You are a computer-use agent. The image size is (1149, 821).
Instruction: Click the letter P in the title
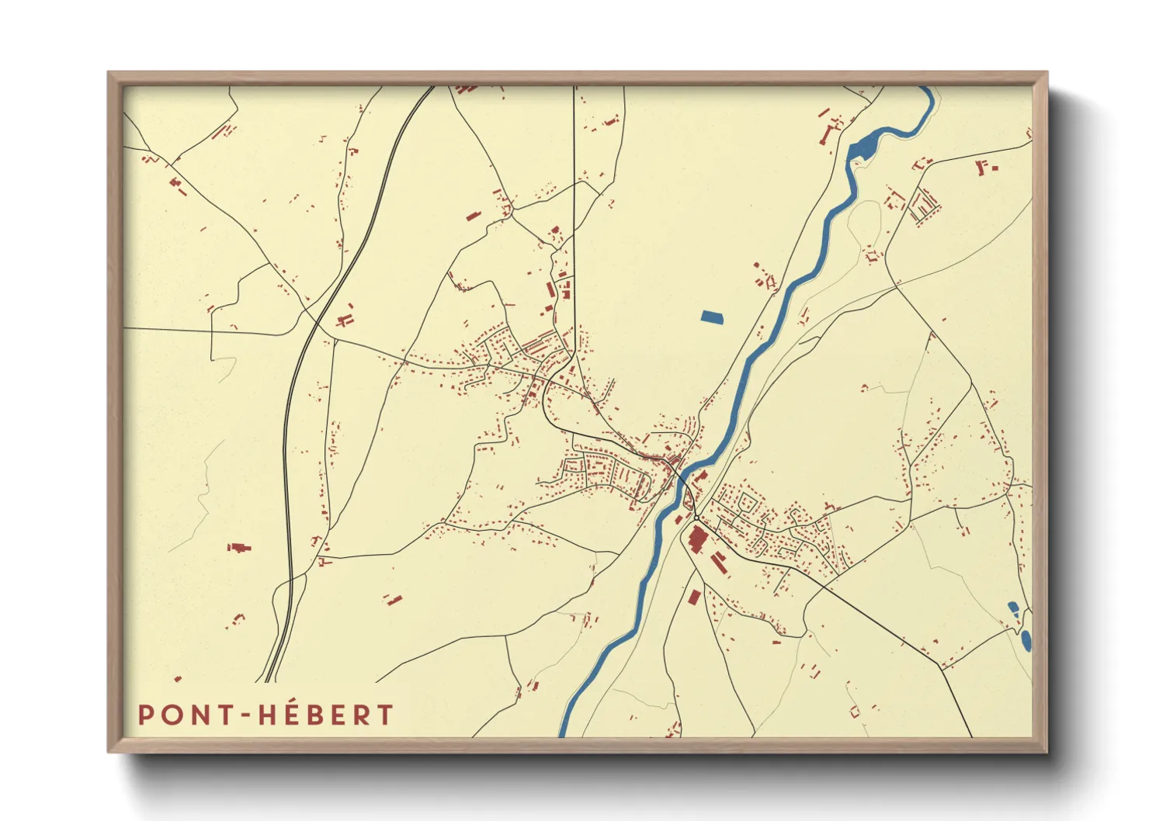click(x=144, y=715)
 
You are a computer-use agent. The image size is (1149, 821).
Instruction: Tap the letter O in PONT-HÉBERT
click(x=170, y=715)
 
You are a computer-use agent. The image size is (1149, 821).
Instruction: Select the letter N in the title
click(x=197, y=715)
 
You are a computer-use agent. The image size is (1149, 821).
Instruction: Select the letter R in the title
click(x=362, y=715)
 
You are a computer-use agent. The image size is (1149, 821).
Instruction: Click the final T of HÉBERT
click(x=385, y=715)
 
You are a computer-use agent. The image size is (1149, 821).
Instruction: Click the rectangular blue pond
click(x=711, y=317)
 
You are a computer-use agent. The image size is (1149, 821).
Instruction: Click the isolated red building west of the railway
click(x=239, y=548)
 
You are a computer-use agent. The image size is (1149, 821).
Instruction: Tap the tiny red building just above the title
click(x=178, y=679)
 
